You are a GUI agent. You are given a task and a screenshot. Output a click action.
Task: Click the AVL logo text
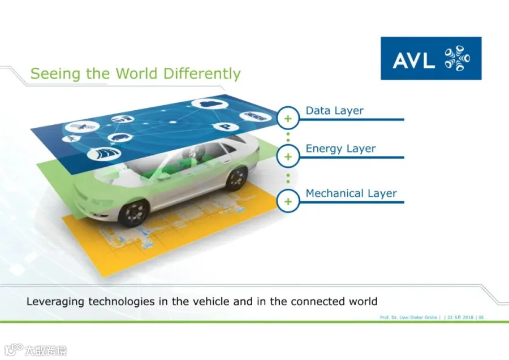[x=413, y=60]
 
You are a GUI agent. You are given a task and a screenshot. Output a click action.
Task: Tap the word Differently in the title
[x=201, y=73]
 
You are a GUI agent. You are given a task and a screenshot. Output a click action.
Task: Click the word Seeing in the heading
[x=55, y=74]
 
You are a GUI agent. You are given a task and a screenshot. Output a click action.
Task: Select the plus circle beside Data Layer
[x=288, y=119]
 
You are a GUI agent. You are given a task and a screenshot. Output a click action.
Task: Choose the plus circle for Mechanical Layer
[x=288, y=201]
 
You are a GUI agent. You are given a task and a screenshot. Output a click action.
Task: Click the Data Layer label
[x=334, y=111]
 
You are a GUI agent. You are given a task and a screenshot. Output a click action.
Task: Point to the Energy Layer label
[x=340, y=149]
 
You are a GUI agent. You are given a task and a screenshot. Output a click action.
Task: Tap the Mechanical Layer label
[x=351, y=193]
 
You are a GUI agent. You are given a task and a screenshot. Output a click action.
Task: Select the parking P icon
[x=225, y=127]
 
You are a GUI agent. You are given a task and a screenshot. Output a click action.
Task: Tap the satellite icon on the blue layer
[x=82, y=127]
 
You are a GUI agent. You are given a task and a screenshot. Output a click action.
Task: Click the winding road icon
[x=104, y=154]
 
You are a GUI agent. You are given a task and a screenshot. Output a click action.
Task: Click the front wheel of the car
[x=133, y=212]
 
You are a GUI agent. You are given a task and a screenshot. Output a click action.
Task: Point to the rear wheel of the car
[x=237, y=178]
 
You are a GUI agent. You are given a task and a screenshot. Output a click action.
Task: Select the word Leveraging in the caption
[x=56, y=302]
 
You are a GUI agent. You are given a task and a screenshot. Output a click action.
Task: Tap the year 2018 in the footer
[x=468, y=317]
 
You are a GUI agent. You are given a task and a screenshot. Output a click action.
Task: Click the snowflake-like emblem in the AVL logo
[x=457, y=58]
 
